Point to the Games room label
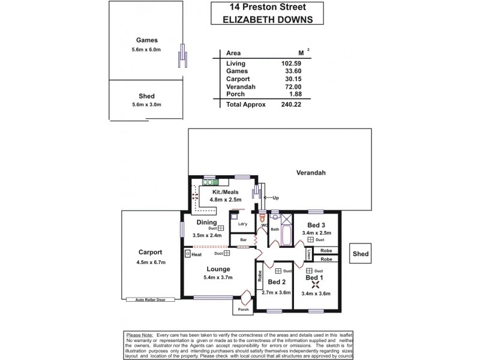click(x=146, y=40)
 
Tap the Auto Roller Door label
click(x=150, y=299)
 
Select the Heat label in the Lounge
click(x=197, y=254)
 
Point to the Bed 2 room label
click(x=276, y=282)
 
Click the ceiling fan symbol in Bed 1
click(x=314, y=286)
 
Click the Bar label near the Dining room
click(x=244, y=241)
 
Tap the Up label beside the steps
click(x=275, y=197)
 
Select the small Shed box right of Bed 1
click(x=361, y=254)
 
